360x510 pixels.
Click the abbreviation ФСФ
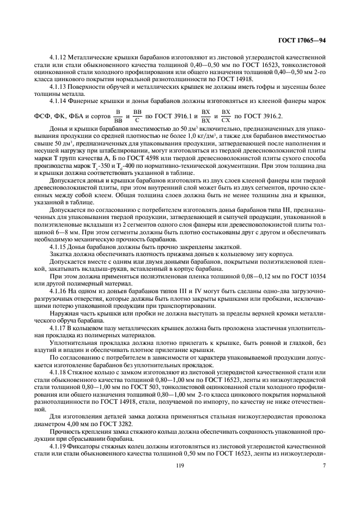42,117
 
